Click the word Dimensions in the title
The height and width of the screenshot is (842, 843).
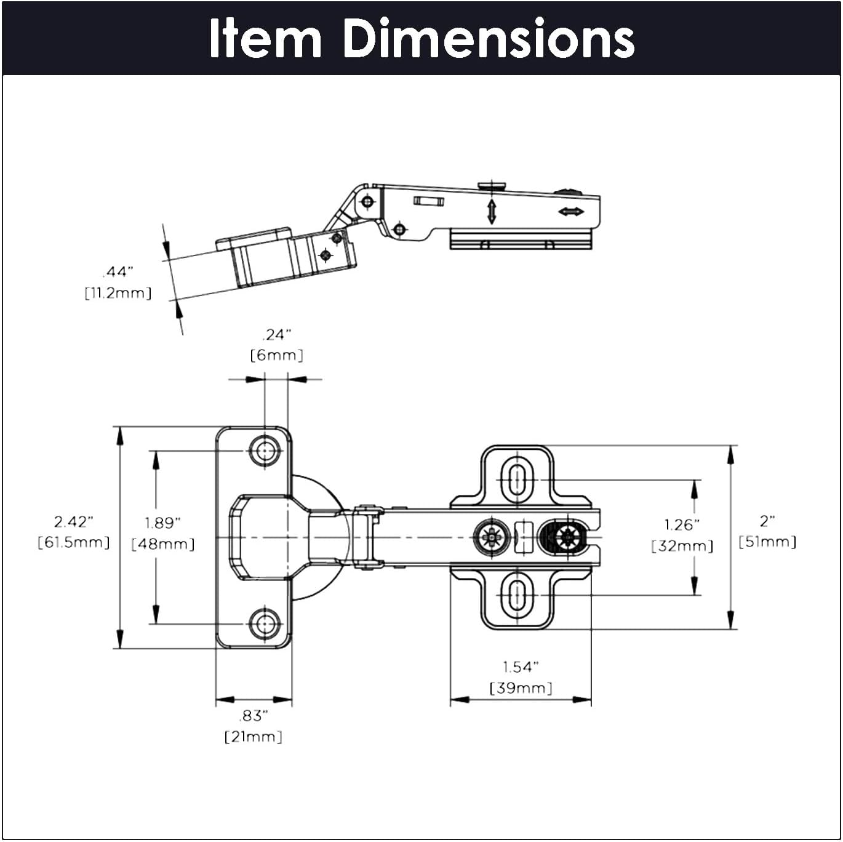tap(488, 38)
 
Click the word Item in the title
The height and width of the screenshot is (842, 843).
tap(265, 38)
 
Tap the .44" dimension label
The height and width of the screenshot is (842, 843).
tap(118, 271)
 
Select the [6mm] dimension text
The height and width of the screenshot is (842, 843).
tap(276, 355)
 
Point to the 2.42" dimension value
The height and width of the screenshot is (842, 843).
tap(73, 521)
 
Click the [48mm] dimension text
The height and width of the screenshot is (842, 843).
tap(163, 544)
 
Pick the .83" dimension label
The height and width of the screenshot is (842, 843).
tap(254, 716)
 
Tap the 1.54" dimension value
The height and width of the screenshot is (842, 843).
tap(521, 667)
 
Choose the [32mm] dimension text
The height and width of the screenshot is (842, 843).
tap(682, 546)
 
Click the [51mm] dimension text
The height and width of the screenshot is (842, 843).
tap(767, 542)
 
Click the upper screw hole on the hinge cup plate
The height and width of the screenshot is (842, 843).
tap(265, 451)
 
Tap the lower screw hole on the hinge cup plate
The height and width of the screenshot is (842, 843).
tap(265, 624)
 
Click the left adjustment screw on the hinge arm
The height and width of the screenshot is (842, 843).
tap(492, 537)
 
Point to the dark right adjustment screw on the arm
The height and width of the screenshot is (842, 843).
tap(565, 537)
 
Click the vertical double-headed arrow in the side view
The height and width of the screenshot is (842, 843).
tap(492, 211)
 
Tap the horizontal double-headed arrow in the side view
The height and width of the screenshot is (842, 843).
tap(571, 212)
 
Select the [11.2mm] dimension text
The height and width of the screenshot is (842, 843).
tap(118, 293)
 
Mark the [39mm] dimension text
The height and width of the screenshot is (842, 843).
tap(521, 688)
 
